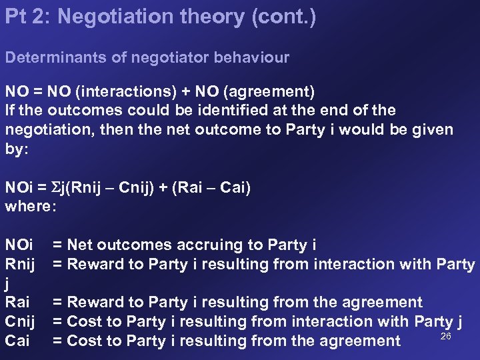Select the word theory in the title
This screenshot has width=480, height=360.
pos(197,17)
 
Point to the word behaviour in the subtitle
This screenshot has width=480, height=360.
pos(254,57)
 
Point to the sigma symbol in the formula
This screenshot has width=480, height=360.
pos(55,187)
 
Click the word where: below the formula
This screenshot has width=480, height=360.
pos(31,206)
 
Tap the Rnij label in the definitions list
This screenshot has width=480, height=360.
pos(23,264)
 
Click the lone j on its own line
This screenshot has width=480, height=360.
pos(7,284)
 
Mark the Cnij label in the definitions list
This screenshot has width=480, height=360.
pos(23,321)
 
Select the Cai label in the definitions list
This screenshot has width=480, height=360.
pos(18,341)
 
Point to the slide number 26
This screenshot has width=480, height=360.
pos(446,336)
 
